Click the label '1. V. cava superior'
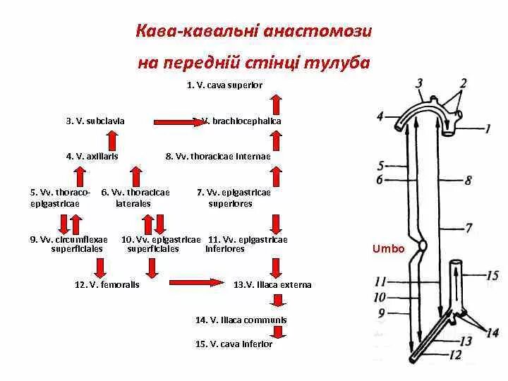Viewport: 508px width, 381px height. coord(224,85)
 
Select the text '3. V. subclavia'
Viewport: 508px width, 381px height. coord(95,121)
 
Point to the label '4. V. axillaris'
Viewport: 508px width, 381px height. coord(92,157)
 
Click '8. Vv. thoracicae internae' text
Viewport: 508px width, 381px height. coord(218,157)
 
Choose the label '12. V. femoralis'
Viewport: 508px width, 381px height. coord(107,285)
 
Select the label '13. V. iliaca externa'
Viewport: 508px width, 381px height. coord(272,285)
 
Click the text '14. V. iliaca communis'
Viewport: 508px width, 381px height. coord(241,320)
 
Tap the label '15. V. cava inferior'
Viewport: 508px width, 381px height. coord(234,344)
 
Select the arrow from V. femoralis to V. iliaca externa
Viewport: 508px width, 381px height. coord(194,284)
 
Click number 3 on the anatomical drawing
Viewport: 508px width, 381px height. coord(419,84)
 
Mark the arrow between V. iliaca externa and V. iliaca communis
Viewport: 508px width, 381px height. coord(279,302)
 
